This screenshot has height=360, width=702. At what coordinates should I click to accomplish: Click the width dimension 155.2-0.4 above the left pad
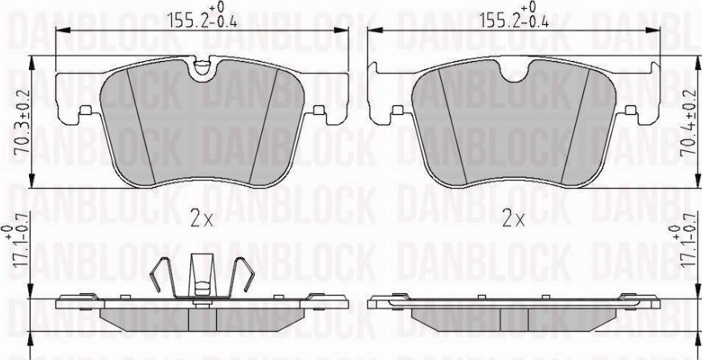point(202,16)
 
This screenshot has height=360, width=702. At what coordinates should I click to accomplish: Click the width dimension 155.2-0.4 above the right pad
point(514,16)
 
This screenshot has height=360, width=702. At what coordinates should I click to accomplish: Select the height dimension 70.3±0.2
point(21,122)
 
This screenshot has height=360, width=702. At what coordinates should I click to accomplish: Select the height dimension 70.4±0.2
point(688,123)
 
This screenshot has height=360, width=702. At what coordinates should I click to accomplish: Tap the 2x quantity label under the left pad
point(202,219)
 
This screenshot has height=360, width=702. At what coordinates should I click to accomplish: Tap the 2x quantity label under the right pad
point(513,219)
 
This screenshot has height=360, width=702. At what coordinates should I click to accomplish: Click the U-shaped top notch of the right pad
point(514,72)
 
